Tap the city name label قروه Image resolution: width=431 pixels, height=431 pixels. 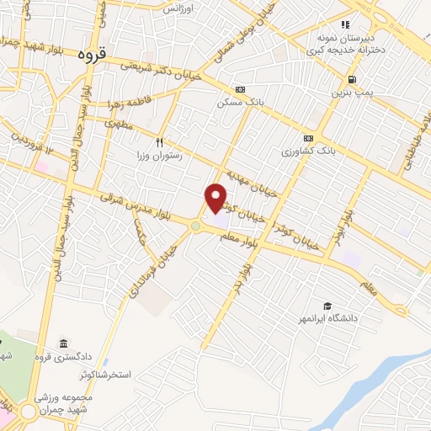coord(93,56)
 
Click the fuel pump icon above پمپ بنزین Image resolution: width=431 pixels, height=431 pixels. coord(349,80)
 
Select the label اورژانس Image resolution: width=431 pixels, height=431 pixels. coord(178,8)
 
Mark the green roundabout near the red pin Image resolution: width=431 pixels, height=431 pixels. coord(196,225)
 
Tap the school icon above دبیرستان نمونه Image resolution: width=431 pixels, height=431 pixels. coord(345,24)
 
